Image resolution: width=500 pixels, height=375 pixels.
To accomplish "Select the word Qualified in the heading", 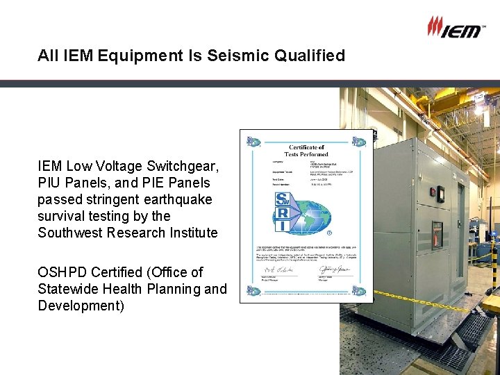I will (x=310, y=56).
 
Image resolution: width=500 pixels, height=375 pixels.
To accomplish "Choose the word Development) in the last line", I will (x=81, y=306).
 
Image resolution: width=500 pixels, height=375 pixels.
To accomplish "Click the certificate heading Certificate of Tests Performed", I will (x=306, y=150).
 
